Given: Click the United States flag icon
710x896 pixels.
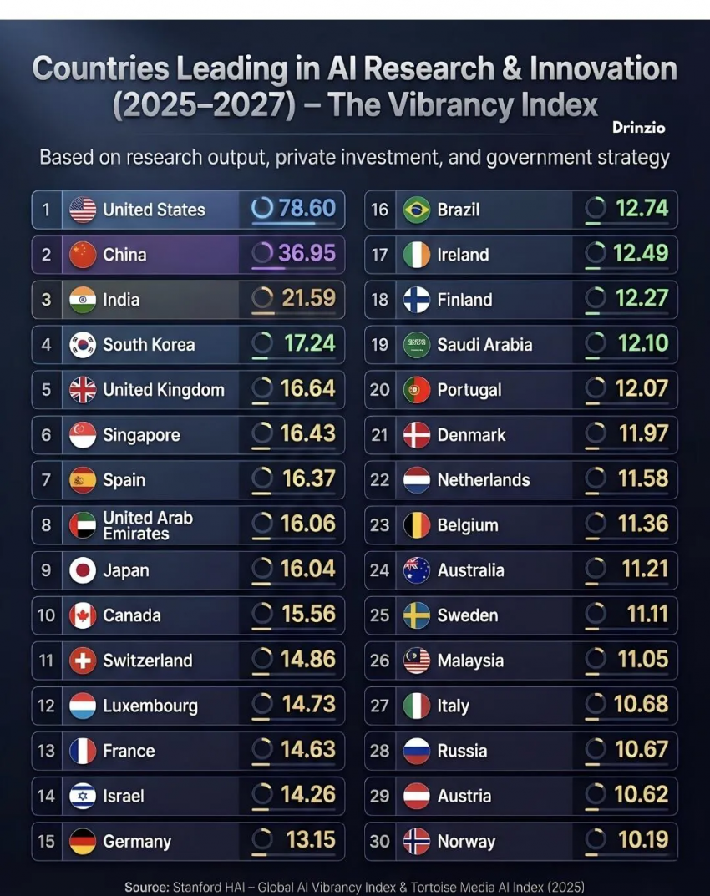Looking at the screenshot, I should click(83, 210).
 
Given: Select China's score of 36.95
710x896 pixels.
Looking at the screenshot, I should click(307, 253).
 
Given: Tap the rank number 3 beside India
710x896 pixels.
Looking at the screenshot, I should click(46, 300).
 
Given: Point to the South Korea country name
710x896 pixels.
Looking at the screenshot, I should click(149, 345).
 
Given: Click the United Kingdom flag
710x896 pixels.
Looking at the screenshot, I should click(83, 390).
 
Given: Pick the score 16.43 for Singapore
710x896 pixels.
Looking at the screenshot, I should click(307, 434).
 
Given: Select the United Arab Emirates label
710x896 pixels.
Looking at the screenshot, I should click(148, 525).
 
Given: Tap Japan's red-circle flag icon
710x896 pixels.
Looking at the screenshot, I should click(83, 570).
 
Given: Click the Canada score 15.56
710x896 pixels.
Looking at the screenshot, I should click(307, 615).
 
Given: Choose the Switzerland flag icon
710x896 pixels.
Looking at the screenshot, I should click(83, 661).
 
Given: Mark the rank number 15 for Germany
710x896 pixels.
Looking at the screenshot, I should click(46, 841).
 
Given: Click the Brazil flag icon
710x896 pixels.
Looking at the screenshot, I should click(417, 210).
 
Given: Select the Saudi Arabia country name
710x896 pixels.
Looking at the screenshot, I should click(484, 345).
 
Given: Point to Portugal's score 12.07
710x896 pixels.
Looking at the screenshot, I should click(641, 389).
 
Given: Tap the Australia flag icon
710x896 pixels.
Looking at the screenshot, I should click(417, 570).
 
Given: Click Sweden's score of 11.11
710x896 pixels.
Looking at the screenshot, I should click(647, 615).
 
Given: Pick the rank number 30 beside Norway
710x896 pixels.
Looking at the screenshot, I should click(380, 841).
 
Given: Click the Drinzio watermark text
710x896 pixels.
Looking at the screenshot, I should click(639, 128).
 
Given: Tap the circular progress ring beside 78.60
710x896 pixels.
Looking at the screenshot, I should click(262, 208).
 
